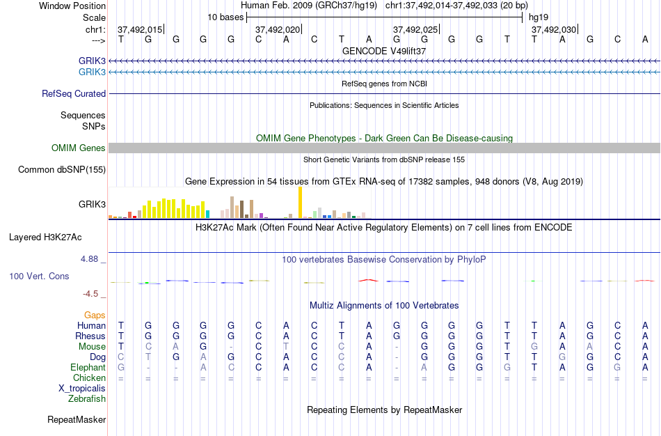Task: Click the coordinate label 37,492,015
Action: (x=140, y=29)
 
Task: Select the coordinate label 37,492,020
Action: (x=278, y=29)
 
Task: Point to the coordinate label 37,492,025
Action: (x=415, y=29)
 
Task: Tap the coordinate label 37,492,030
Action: (x=554, y=29)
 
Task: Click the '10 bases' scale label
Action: (x=225, y=17)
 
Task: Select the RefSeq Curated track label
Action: (x=74, y=93)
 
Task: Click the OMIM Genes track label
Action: (x=79, y=148)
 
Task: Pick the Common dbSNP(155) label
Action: (x=62, y=169)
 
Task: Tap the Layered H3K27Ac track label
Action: (x=45, y=237)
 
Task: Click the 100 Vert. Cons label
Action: (x=39, y=276)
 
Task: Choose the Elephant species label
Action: (x=88, y=367)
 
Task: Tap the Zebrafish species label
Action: (x=87, y=398)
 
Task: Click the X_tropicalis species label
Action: (x=82, y=388)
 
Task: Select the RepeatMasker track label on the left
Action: (x=77, y=419)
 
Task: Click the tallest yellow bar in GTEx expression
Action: (x=300, y=203)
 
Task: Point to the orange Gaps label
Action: (x=95, y=315)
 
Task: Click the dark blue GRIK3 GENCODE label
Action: (x=92, y=61)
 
